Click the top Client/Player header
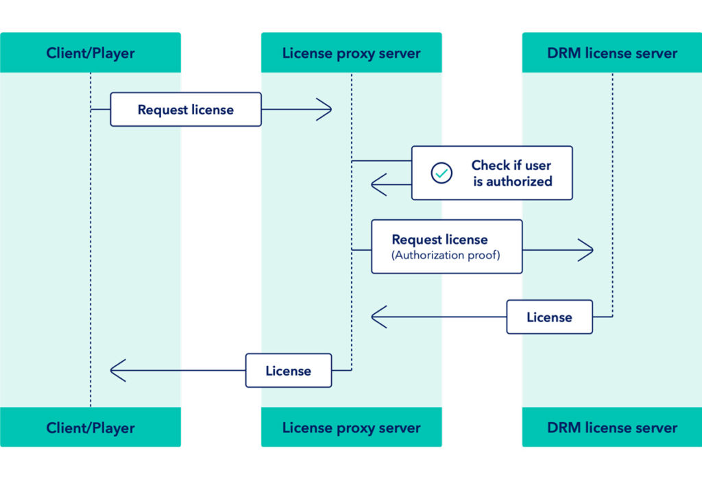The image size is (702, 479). pyautogui.click(x=90, y=53)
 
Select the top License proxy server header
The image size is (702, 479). pyautogui.click(x=351, y=53)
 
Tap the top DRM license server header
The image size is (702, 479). pyautogui.click(x=612, y=53)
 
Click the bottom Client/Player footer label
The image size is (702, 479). pyautogui.click(x=90, y=428)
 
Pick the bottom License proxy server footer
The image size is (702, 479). pyautogui.click(x=351, y=428)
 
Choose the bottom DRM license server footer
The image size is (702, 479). pyautogui.click(x=612, y=428)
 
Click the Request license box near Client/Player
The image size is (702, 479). pyautogui.click(x=186, y=110)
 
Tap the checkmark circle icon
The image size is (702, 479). pyautogui.click(x=441, y=173)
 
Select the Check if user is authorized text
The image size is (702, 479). pyautogui.click(x=511, y=173)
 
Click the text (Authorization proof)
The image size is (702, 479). pyautogui.click(x=446, y=256)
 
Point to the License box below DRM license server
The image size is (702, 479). pyautogui.click(x=549, y=317)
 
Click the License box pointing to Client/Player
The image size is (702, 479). pyautogui.click(x=288, y=371)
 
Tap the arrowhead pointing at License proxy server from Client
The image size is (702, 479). pyautogui.click(x=324, y=109)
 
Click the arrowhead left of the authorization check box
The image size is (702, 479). pyautogui.click(x=378, y=185)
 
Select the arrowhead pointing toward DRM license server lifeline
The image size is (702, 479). pyautogui.click(x=585, y=250)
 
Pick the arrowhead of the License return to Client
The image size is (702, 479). pyautogui.click(x=118, y=371)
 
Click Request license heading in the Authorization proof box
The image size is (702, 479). pyautogui.click(x=439, y=240)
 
